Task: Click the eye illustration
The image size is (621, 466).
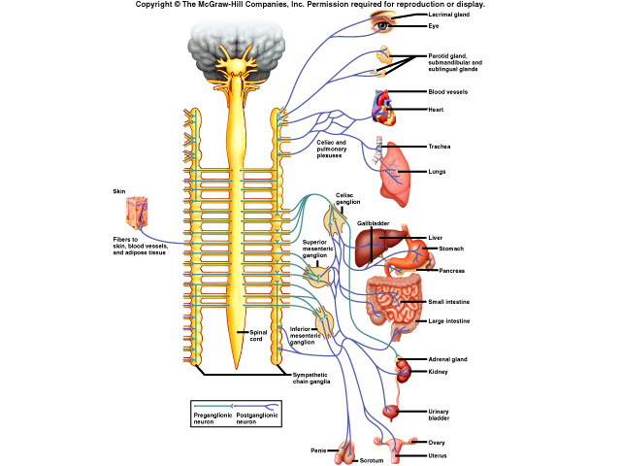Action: (385, 26)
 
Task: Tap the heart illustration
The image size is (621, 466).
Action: (384, 109)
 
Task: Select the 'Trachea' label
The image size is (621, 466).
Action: (440, 147)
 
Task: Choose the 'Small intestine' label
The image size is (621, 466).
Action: (450, 302)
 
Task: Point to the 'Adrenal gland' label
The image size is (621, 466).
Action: (448, 359)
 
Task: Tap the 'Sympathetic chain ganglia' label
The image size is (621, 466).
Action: (311, 379)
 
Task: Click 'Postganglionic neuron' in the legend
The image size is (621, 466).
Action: (249, 417)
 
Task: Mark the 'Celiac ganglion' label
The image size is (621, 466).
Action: (348, 198)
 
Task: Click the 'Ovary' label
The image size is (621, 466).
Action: (437, 443)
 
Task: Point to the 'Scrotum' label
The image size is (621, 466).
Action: (373, 460)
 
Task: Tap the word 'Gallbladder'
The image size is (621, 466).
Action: (373, 223)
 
